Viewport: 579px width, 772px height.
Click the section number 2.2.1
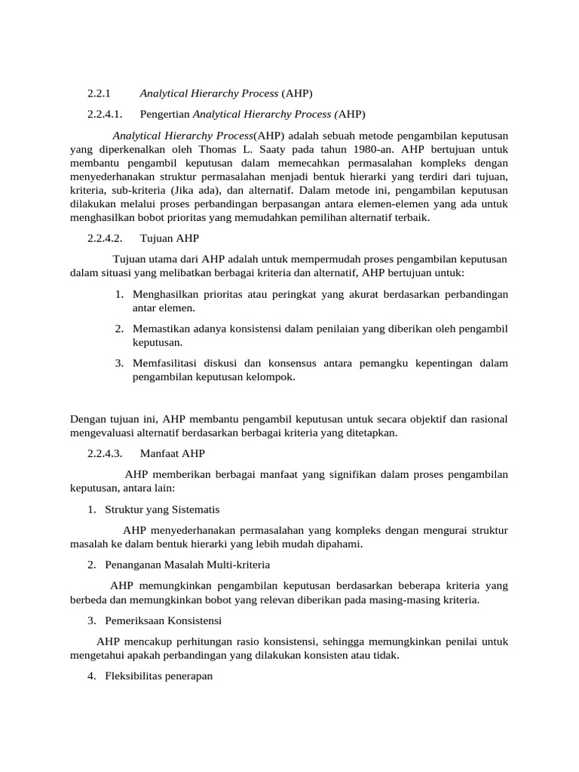[99, 93]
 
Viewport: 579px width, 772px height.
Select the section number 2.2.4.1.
[106, 115]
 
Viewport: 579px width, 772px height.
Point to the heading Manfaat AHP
[172, 454]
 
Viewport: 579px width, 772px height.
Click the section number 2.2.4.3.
[106, 454]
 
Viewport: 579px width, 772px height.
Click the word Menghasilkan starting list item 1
[168, 294]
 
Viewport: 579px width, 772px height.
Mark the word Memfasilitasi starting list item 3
[170, 363]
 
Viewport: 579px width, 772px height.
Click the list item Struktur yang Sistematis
[162, 510]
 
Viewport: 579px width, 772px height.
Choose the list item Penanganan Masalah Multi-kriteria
[187, 565]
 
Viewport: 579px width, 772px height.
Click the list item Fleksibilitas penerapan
[159, 677]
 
